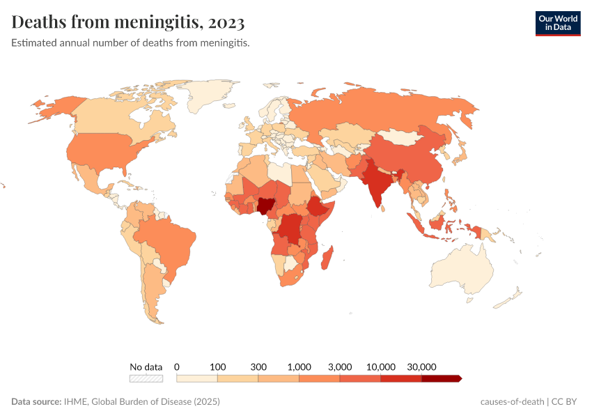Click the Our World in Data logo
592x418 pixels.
tap(557, 23)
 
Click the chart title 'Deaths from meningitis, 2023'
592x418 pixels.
tap(127, 22)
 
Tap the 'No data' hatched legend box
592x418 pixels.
tap(146, 378)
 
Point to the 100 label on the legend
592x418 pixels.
tap(218, 366)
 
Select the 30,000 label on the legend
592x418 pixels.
tap(421, 366)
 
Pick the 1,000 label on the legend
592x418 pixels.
tap(299, 366)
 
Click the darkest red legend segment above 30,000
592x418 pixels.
tap(440, 378)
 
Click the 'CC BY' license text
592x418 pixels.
tap(566, 402)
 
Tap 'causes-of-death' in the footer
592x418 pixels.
tap(511, 402)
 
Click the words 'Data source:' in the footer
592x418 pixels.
tap(36, 402)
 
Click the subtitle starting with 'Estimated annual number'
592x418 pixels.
tap(130, 43)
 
